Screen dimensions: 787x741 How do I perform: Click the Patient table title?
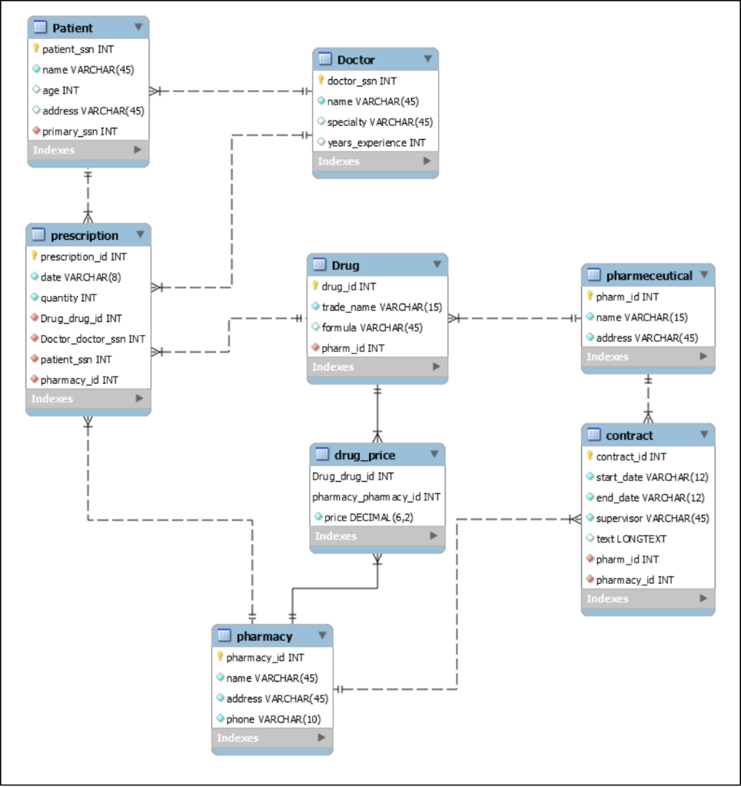point(72,28)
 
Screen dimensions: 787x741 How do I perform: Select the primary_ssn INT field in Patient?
point(79,131)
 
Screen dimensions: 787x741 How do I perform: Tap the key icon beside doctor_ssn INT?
point(321,80)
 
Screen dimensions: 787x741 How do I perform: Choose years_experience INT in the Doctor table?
point(376,142)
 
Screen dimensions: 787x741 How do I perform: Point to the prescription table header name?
point(85,235)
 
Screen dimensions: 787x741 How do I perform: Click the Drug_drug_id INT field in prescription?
point(81,318)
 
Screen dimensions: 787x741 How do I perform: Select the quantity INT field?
point(68,297)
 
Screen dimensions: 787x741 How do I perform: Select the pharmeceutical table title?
point(649,275)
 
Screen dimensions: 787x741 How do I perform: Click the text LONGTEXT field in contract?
point(631,539)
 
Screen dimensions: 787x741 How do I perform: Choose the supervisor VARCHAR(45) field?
point(652,518)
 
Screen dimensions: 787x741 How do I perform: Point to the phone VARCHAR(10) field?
point(273,719)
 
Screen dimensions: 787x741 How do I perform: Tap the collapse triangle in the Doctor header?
point(427,58)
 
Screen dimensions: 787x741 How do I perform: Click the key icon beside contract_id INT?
point(590,456)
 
